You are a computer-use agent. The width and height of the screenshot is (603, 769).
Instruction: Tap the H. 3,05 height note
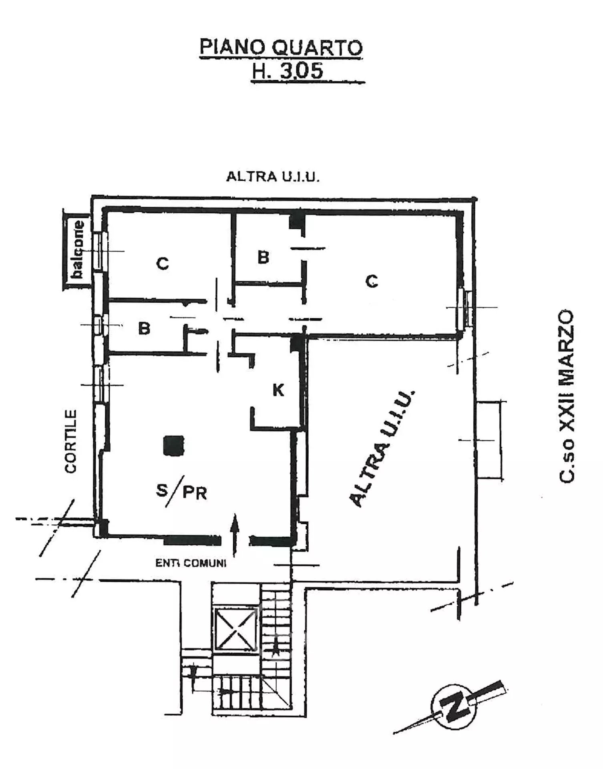pyautogui.click(x=287, y=72)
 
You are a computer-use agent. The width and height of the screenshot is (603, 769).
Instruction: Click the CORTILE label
pyautogui.click(x=71, y=441)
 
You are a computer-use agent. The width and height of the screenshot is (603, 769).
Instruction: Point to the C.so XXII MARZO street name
pyautogui.click(x=567, y=395)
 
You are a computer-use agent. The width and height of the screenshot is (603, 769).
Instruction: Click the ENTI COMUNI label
pyautogui.click(x=191, y=563)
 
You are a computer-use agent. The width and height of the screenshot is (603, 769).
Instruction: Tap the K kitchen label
pyautogui.click(x=278, y=390)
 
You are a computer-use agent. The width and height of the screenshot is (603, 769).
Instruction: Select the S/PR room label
pyautogui.click(x=181, y=491)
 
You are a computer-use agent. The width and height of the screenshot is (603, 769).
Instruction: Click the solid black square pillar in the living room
pyautogui.click(x=174, y=445)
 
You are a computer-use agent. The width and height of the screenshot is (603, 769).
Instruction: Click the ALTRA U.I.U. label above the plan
pyautogui.click(x=273, y=177)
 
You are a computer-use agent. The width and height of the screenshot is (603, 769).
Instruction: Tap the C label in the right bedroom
pyautogui.click(x=372, y=281)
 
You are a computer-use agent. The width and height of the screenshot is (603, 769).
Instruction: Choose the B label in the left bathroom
pyautogui.click(x=144, y=328)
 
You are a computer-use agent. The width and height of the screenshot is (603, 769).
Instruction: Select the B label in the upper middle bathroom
pyautogui.click(x=263, y=257)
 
